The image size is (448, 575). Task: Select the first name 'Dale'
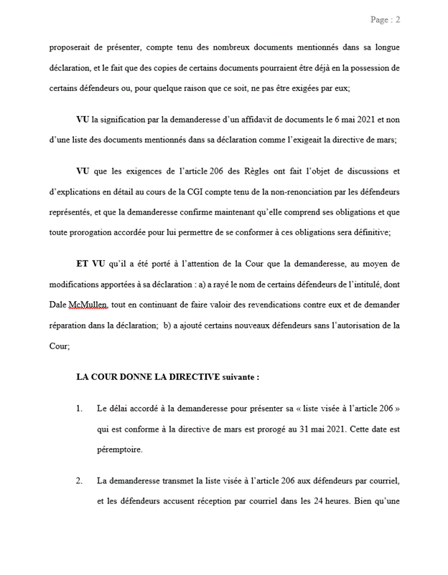pos(60,305)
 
